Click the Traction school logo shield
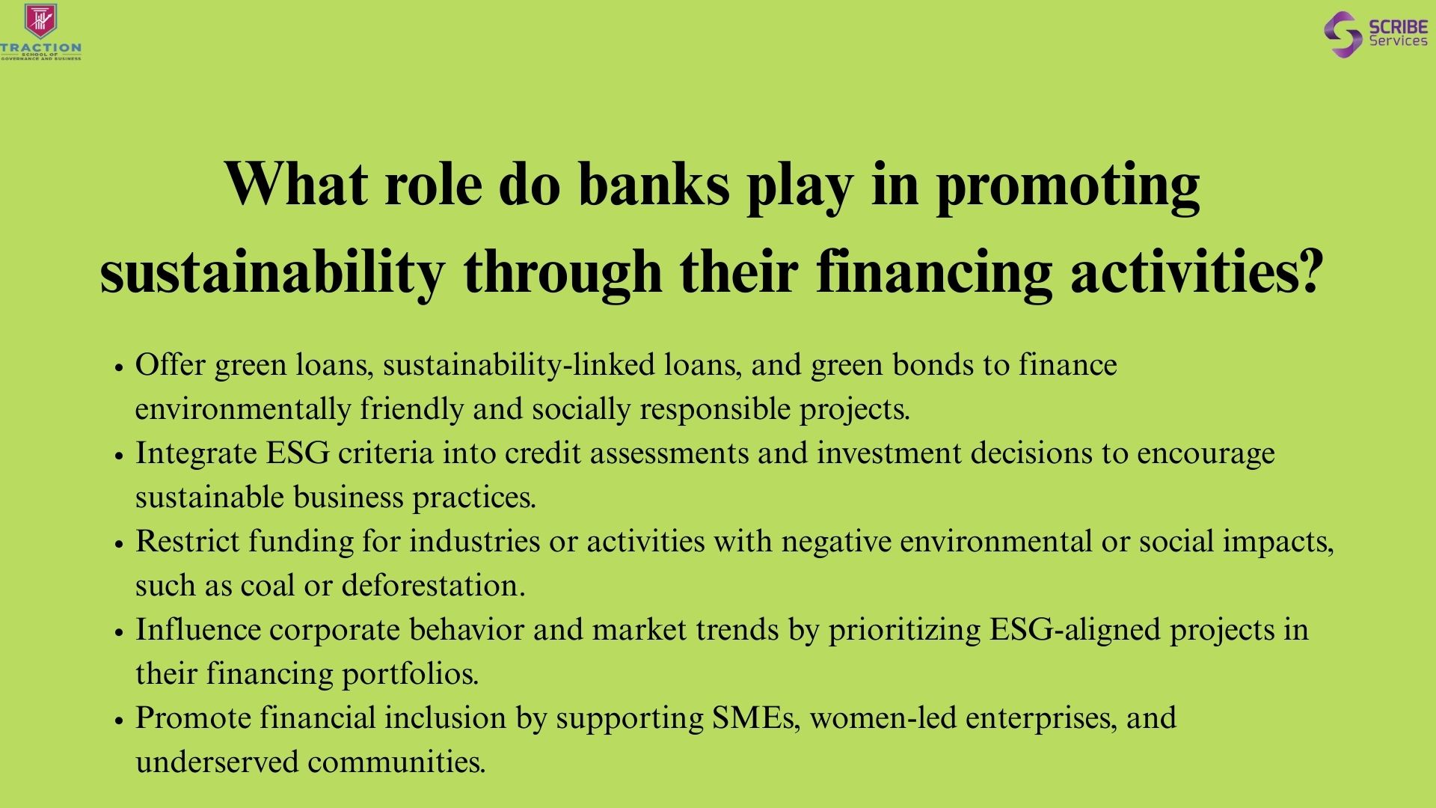[x=41, y=21]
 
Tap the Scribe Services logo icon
[x=1343, y=34]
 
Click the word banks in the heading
[x=654, y=184]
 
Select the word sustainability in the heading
[x=272, y=271]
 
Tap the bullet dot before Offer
[x=118, y=368]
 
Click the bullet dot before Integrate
[x=118, y=456]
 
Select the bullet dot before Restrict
[x=118, y=545]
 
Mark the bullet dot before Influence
[x=118, y=633]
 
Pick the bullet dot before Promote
[x=118, y=721]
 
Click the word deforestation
[x=434, y=585]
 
